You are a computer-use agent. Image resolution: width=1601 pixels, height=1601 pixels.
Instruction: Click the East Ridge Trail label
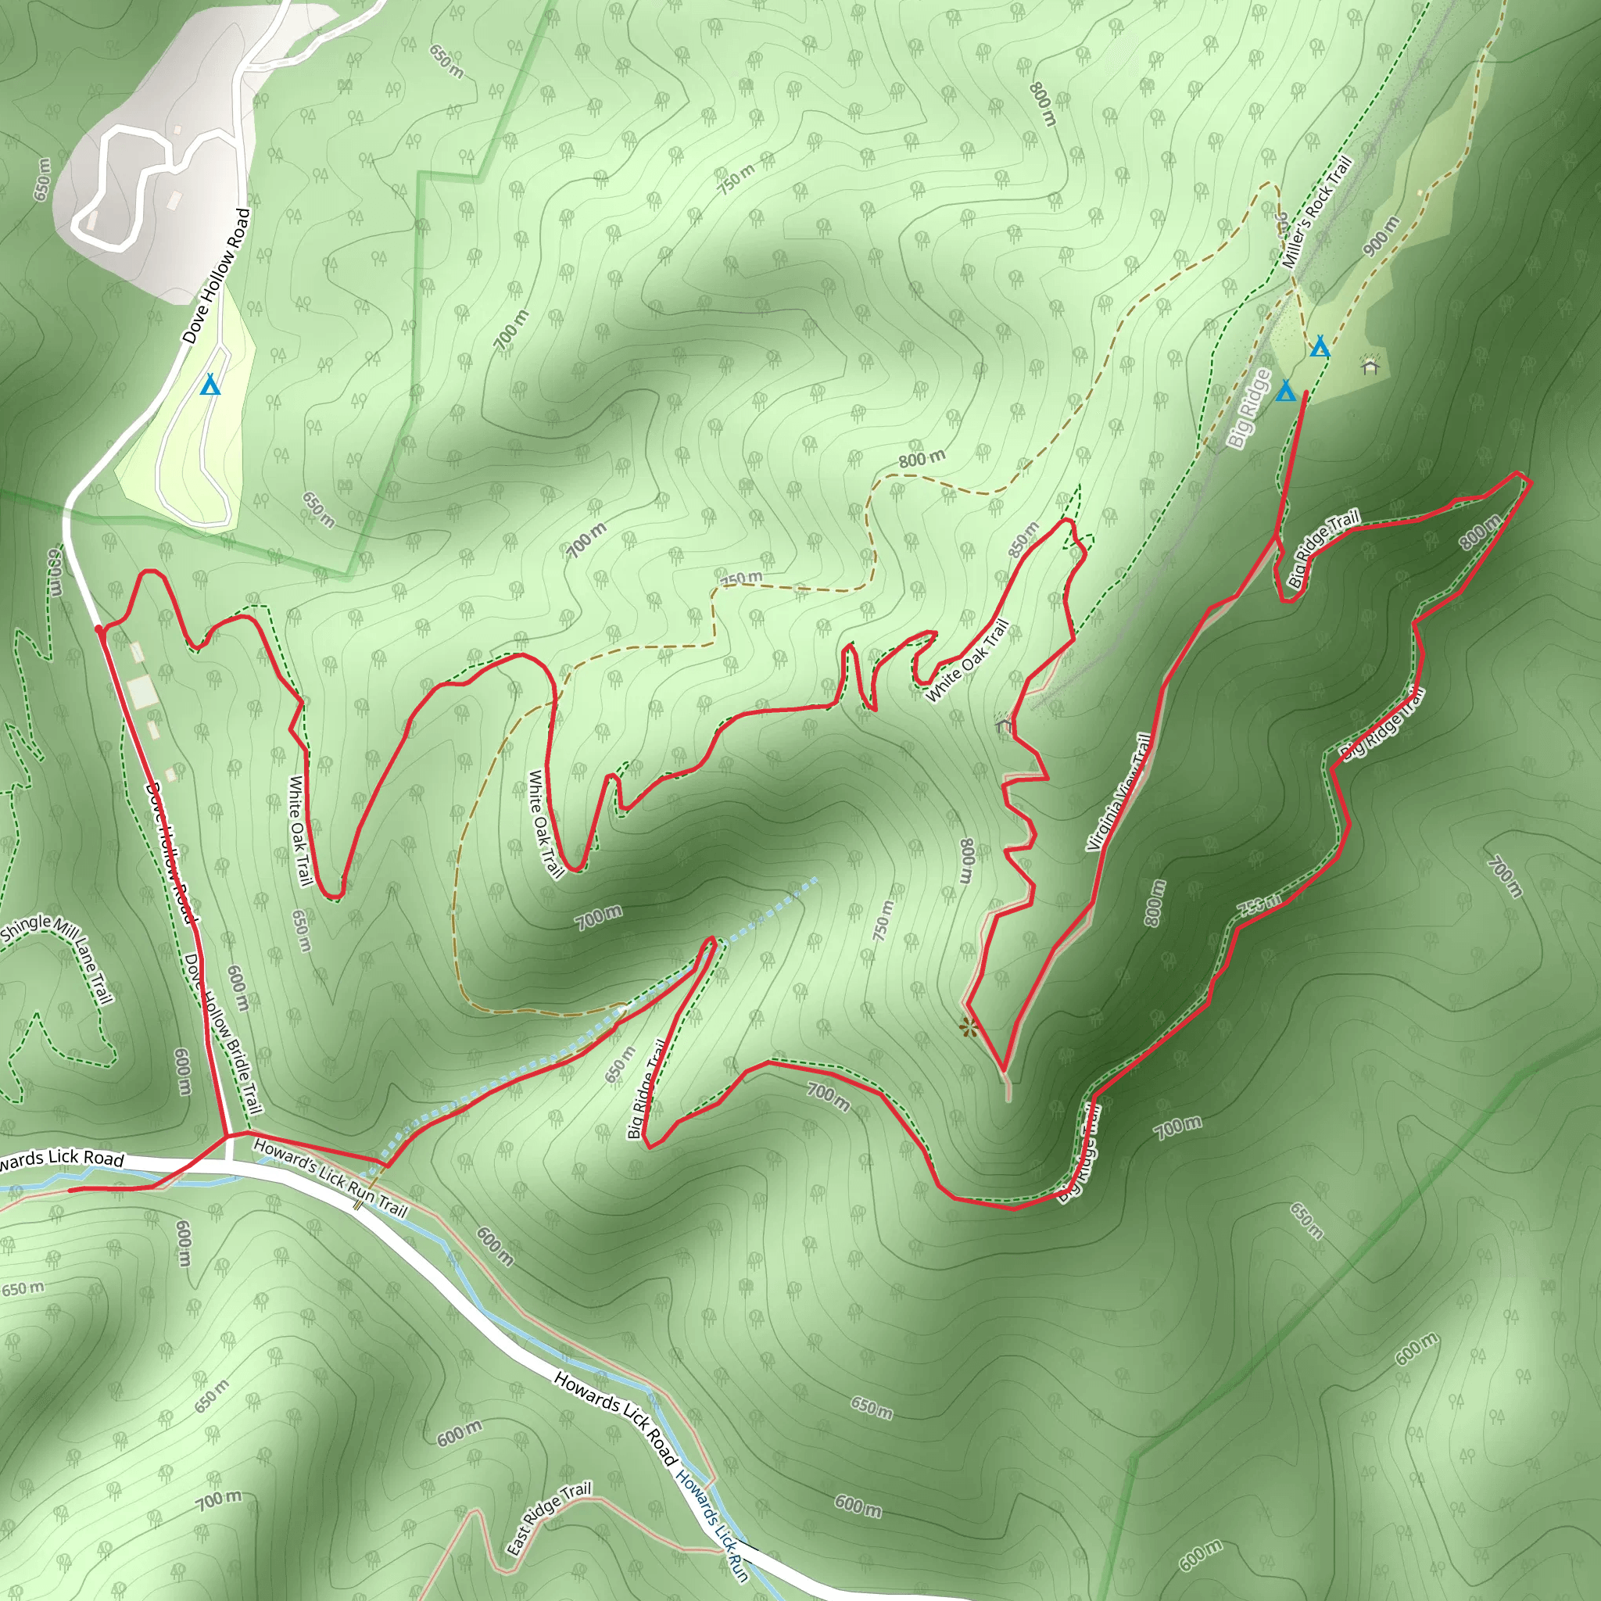tap(549, 1517)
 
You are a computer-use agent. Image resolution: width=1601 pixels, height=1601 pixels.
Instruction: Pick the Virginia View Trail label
tap(1119, 792)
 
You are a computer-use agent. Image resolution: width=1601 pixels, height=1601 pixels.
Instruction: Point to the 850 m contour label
tap(1023, 539)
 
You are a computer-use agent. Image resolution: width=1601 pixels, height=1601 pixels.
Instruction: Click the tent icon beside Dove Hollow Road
tap(210, 385)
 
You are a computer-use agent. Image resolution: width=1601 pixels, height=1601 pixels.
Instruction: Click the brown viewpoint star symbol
tap(968, 1029)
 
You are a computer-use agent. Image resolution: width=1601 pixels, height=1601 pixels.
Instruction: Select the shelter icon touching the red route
tap(1005, 722)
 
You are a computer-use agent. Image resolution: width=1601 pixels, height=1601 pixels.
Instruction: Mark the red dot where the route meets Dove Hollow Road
tap(99, 630)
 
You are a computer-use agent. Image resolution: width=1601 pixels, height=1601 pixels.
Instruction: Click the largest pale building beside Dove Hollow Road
tap(141, 691)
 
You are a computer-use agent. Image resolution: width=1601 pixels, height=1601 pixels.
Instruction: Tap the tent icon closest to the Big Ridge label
tap(1285, 390)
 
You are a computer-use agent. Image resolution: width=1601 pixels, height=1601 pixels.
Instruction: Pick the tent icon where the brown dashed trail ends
tap(1320, 346)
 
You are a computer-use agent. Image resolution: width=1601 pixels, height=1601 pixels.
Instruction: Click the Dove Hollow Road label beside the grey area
tap(217, 276)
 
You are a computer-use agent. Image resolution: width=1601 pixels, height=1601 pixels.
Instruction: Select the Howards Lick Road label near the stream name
tap(615, 1418)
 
